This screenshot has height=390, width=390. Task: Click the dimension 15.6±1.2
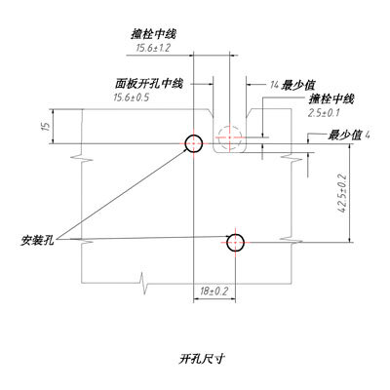click(x=153, y=48)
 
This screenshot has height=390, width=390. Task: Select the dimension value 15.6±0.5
click(x=131, y=97)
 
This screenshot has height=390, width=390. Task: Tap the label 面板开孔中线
click(x=149, y=84)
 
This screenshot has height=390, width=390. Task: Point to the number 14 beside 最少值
click(x=274, y=85)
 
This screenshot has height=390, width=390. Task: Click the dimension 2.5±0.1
click(x=324, y=113)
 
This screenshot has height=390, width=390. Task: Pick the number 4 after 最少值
click(x=368, y=135)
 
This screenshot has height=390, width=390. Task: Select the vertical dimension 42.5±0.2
click(x=342, y=194)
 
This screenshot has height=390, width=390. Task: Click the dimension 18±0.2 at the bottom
click(x=214, y=292)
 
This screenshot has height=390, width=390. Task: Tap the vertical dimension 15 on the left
click(x=47, y=127)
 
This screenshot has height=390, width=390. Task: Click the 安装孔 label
click(x=37, y=240)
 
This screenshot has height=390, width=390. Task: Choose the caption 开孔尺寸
click(x=202, y=359)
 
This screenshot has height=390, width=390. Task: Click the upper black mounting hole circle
click(x=194, y=136)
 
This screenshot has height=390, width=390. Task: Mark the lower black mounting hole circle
click(x=236, y=234)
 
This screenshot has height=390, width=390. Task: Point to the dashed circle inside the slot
click(x=229, y=126)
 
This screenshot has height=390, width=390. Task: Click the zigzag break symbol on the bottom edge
click(x=144, y=284)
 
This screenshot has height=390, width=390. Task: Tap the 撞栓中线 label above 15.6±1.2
click(x=153, y=34)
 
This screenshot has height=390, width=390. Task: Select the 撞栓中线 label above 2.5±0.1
click(x=331, y=98)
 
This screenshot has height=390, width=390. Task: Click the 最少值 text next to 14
click(x=299, y=85)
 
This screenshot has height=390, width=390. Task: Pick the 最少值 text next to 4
click(x=345, y=135)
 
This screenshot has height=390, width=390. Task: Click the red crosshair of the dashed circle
click(x=229, y=137)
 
